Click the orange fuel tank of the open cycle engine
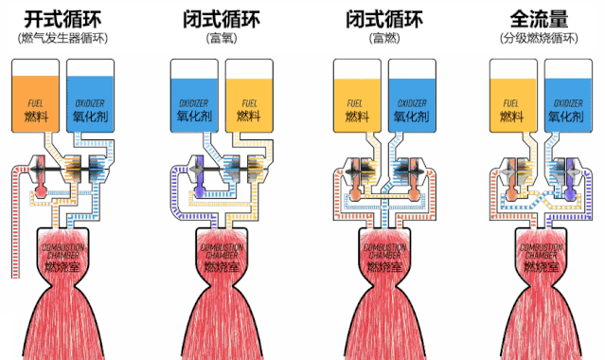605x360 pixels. tap(35, 95)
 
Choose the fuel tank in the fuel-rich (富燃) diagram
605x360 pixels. tap(357, 95)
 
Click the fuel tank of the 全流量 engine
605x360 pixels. tap(513, 95)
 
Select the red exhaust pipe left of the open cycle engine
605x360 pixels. tap(12, 227)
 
